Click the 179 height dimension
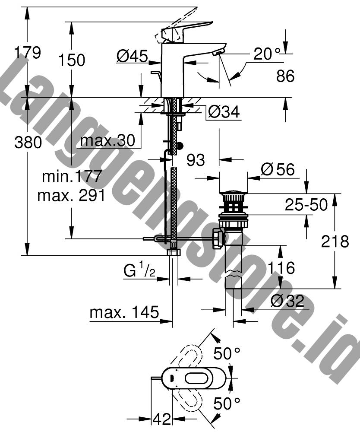coord(28,53)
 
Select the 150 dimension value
coord(72,60)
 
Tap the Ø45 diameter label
coord(132,56)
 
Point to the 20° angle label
coord(266,54)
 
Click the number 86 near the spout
coord(285,76)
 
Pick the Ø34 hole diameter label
coord(224,111)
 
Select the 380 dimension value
coord(28,143)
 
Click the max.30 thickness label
coord(107,141)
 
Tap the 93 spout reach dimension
coord(196,160)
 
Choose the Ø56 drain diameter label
coord(278,169)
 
